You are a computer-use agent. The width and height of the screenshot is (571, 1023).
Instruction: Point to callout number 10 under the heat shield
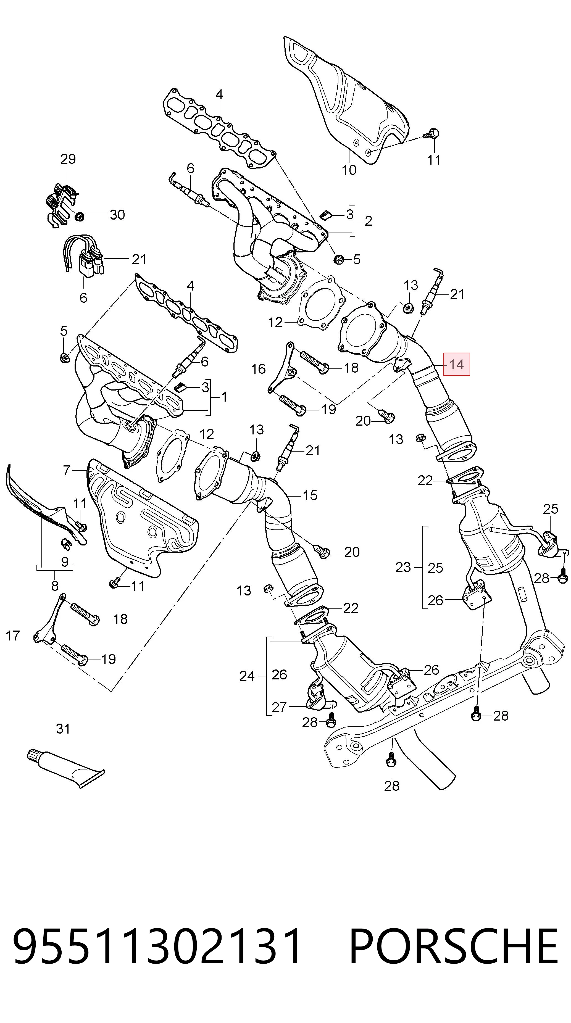[349, 170]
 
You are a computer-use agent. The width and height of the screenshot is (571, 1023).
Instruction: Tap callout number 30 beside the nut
[117, 215]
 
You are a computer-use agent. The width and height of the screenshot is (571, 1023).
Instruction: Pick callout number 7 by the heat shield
[66, 471]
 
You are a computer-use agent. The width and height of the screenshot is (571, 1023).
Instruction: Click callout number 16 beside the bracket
[258, 369]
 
